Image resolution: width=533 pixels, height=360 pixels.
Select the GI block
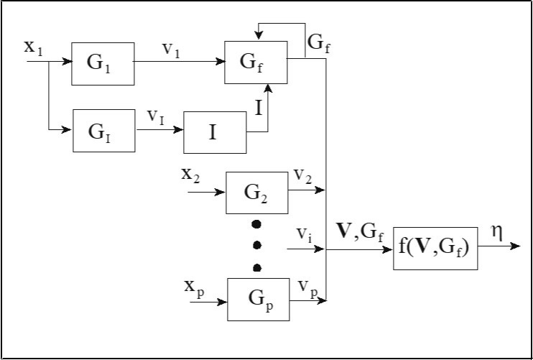tap(103, 130)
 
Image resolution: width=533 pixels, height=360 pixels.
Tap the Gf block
tap(256, 62)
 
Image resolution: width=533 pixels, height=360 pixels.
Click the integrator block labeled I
tap(215, 132)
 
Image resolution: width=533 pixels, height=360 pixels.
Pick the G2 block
tap(256, 193)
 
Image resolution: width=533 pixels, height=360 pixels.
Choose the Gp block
tap(258, 299)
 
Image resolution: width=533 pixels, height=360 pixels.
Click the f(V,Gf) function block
tap(435, 249)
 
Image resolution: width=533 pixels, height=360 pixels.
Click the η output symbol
tap(496, 232)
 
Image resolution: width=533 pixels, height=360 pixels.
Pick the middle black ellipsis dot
tap(257, 245)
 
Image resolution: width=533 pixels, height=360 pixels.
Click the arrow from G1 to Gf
tap(180, 62)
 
